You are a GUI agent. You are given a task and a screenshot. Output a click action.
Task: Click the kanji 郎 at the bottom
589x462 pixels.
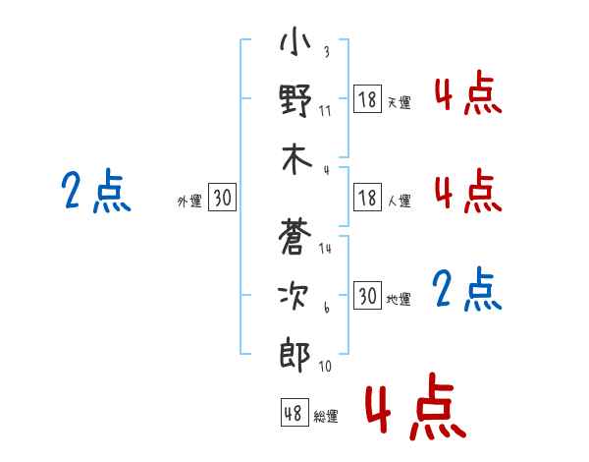point(294,354)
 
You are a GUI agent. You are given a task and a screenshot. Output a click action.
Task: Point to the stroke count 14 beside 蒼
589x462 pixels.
point(325,248)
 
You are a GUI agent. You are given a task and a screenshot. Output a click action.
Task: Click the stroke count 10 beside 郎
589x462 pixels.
point(325,366)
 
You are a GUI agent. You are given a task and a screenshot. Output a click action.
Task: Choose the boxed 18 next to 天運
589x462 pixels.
point(367,99)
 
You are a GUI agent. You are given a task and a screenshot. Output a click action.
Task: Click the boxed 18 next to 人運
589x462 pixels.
point(367,198)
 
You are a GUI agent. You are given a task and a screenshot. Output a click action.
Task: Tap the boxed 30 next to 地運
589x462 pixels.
point(367,296)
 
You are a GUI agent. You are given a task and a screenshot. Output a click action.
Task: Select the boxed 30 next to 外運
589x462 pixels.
point(222,198)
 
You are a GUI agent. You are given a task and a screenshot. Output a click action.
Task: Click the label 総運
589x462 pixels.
point(326,417)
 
